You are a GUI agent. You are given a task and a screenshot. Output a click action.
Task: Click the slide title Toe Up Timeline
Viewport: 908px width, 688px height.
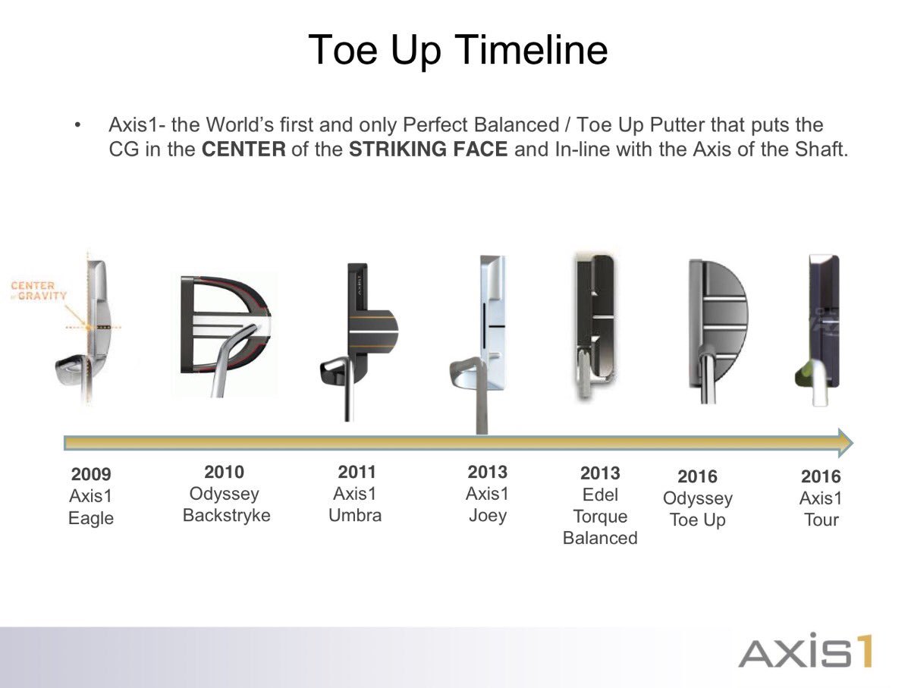pyautogui.click(x=457, y=51)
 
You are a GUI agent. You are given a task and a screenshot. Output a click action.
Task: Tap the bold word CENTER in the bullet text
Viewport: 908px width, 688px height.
pyautogui.click(x=243, y=149)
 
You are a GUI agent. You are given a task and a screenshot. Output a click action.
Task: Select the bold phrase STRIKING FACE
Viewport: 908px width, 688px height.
pyautogui.click(x=428, y=149)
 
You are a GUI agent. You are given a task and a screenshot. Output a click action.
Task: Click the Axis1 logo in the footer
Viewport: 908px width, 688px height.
pyautogui.click(x=805, y=650)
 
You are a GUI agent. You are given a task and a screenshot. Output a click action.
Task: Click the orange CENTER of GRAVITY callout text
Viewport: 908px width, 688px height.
pyautogui.click(x=39, y=291)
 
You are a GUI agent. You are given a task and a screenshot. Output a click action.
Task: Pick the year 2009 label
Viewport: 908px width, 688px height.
pyautogui.click(x=91, y=475)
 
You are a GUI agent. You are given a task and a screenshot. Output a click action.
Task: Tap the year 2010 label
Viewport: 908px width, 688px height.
pyautogui.click(x=225, y=473)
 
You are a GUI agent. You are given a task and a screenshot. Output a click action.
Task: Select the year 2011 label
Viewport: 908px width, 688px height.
pyautogui.click(x=357, y=473)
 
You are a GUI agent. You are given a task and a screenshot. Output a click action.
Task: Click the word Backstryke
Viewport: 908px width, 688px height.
pyautogui.click(x=226, y=516)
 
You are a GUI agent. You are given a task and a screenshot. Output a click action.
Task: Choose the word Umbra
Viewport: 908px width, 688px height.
pyautogui.click(x=355, y=516)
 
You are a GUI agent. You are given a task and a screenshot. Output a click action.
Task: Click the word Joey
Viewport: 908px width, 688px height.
pyautogui.click(x=487, y=516)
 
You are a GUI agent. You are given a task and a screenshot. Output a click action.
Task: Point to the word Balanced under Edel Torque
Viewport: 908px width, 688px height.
pyautogui.click(x=600, y=538)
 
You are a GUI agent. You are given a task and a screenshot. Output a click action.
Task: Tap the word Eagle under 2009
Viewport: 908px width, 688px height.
pyautogui.click(x=91, y=519)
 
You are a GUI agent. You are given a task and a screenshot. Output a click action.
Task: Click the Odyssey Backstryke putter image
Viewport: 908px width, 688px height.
pyautogui.click(x=223, y=334)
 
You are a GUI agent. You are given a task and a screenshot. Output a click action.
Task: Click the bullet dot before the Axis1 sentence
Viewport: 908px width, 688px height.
pyautogui.click(x=77, y=125)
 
